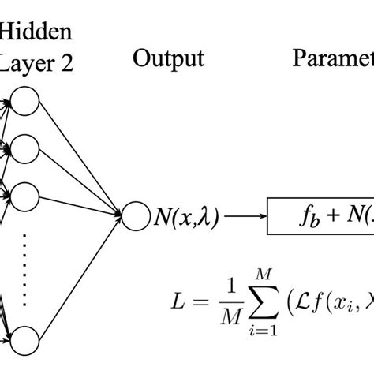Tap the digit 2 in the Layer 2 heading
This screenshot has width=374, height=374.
pyautogui.click(x=66, y=64)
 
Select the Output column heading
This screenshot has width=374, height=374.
pyautogui.click(x=169, y=58)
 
